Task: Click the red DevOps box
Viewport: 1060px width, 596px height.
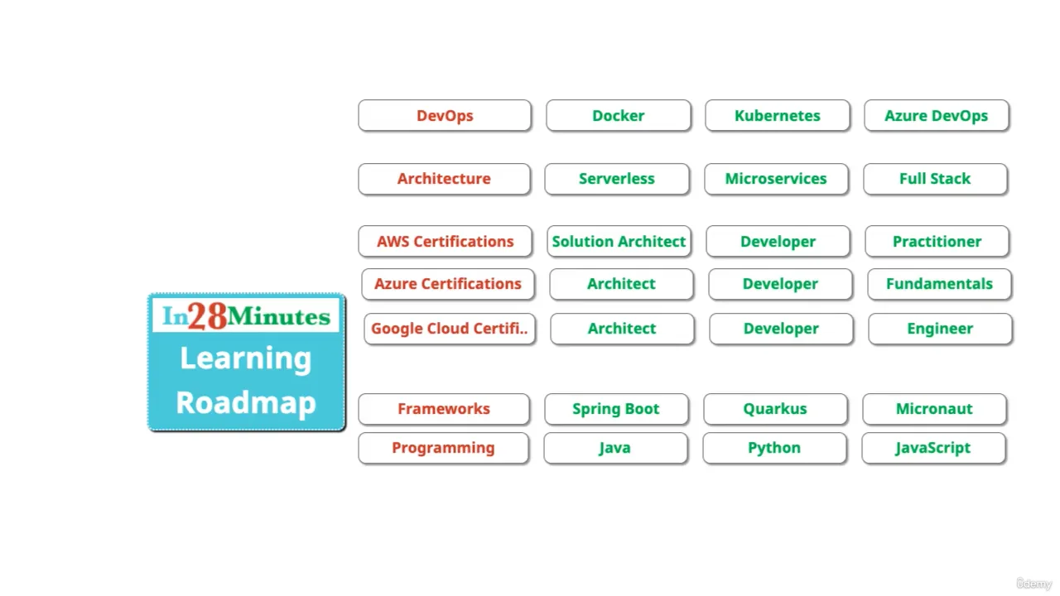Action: click(445, 116)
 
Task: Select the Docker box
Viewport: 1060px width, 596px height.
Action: click(619, 116)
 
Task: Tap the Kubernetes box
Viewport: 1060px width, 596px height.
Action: click(777, 116)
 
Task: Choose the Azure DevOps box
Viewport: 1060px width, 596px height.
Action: click(936, 116)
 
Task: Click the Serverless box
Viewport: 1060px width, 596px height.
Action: click(617, 179)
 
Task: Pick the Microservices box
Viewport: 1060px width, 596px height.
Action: click(776, 179)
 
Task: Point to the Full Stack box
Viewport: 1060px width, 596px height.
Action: click(935, 179)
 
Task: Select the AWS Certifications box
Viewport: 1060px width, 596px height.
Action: click(445, 242)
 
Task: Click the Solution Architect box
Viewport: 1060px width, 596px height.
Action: click(619, 242)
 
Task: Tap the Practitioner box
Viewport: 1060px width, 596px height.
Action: click(937, 242)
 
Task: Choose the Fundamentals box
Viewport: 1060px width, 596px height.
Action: click(939, 284)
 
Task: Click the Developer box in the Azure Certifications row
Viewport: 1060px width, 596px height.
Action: click(780, 284)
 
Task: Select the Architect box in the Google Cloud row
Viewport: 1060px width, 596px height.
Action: click(622, 329)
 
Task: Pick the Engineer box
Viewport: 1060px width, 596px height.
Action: click(940, 329)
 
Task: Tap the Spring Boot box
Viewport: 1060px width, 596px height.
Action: click(616, 409)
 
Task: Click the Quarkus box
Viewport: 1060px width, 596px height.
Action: click(775, 409)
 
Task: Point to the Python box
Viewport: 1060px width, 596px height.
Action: click(774, 448)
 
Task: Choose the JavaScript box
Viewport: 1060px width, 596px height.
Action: click(933, 448)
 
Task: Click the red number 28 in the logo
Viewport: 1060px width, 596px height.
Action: click(206, 316)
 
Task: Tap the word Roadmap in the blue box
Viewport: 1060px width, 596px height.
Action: click(246, 403)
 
